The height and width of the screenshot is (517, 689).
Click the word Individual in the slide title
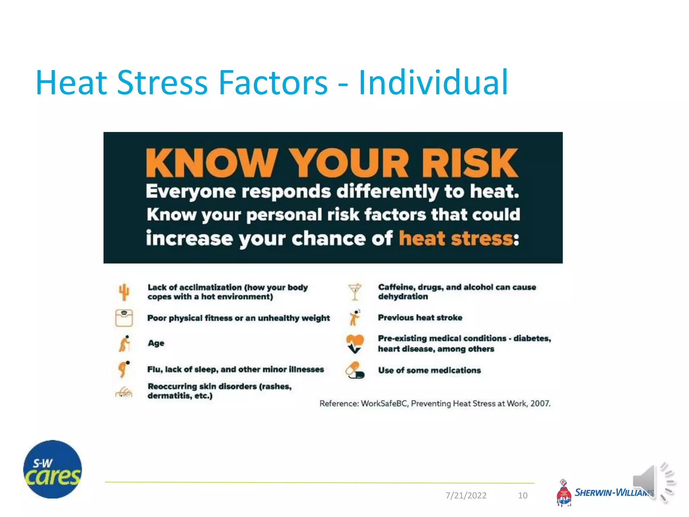tap(433, 82)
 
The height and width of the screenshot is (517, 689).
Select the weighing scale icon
tap(124, 318)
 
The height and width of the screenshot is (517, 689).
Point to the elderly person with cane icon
tap(124, 343)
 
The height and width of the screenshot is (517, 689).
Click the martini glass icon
tap(355, 291)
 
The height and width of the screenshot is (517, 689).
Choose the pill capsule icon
tap(355, 370)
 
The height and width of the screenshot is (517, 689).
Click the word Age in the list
tap(156, 343)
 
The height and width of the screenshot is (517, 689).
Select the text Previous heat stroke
tap(420, 317)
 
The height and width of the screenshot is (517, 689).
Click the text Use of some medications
tap(429, 370)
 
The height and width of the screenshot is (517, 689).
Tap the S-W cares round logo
tap(52, 469)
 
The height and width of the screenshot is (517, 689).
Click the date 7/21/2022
tap(466, 495)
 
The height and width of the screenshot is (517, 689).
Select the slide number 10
tap(522, 495)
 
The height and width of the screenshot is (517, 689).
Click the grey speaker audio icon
tap(653, 482)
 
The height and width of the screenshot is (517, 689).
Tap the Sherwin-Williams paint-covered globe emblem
tap(564, 494)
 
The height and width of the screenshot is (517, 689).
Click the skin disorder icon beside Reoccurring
tap(124, 392)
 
